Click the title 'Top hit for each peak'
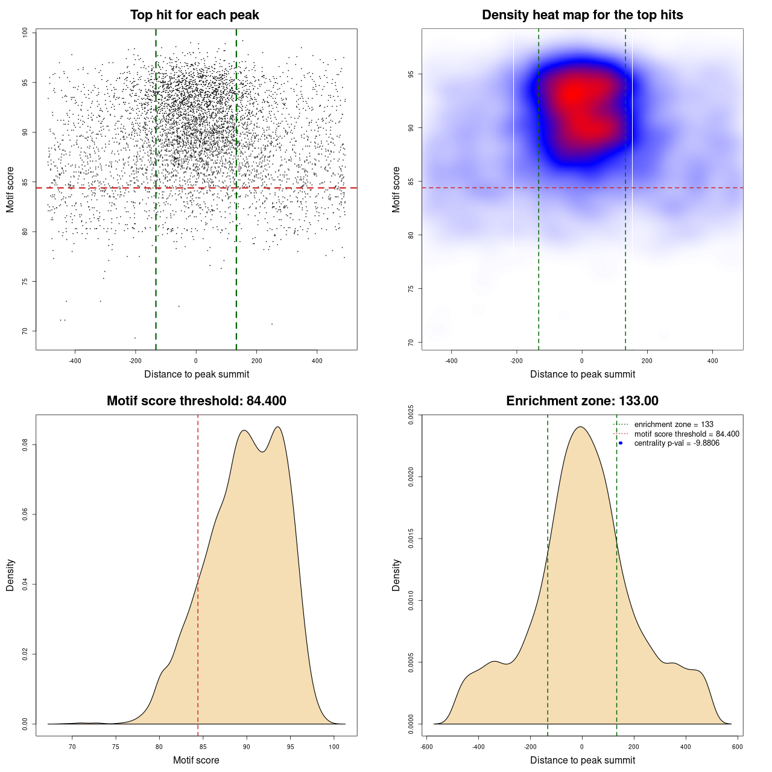(x=194, y=15)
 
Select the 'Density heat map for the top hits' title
(x=582, y=15)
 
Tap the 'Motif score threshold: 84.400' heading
(x=196, y=401)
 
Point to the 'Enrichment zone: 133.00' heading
(x=582, y=401)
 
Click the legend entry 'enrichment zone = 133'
(x=674, y=425)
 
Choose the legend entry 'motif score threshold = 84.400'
(x=686, y=434)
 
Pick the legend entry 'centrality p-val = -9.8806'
(x=677, y=443)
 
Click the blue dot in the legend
(x=621, y=443)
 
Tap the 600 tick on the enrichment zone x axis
(x=737, y=747)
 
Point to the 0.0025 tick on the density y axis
(x=411, y=415)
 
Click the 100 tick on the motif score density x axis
(x=334, y=747)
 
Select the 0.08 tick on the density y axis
(x=25, y=445)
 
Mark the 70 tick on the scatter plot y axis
(x=25, y=331)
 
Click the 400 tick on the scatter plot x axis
(x=317, y=361)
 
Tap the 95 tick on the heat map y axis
(x=411, y=74)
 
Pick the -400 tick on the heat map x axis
(x=451, y=361)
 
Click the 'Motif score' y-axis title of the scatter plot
(x=10, y=189)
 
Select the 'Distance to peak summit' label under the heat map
(x=582, y=375)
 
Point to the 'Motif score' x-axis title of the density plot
(x=196, y=761)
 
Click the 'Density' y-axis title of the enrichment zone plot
(x=396, y=575)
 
